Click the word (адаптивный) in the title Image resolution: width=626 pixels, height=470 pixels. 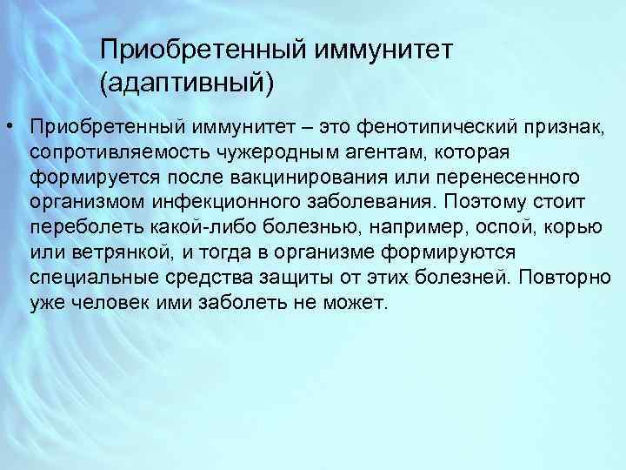pos(187,84)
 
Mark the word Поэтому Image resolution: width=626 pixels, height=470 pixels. pos(490,203)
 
